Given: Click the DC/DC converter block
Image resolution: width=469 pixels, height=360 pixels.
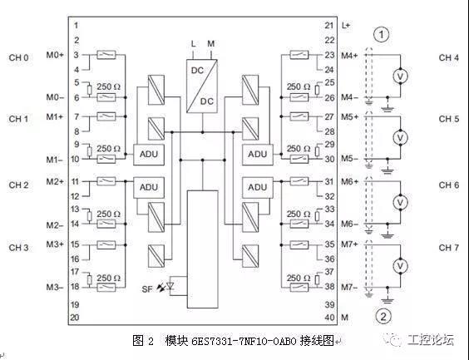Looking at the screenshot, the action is point(202,86).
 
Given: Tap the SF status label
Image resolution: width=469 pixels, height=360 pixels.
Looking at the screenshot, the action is point(147,289).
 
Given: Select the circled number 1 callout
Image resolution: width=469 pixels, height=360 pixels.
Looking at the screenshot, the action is point(382,35).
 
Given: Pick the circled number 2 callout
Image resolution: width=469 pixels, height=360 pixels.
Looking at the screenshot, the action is point(383,316).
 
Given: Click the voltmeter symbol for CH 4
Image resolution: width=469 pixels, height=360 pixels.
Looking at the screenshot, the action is point(400,76).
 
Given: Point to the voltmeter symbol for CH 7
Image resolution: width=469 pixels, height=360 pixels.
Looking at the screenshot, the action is point(400,266).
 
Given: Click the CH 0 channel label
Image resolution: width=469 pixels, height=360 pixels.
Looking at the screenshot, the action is point(18,57).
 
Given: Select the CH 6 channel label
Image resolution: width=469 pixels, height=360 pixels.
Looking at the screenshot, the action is point(449,185).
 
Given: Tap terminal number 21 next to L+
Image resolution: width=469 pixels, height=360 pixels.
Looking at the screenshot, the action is point(329,26).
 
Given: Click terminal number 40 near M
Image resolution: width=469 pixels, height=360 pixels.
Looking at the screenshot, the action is point(329,318).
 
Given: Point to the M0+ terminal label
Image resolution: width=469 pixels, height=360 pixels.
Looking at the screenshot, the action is point(55,55).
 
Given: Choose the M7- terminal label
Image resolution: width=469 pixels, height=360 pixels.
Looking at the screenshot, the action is point(349,288).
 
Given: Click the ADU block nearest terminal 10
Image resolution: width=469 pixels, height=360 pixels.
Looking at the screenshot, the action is point(149,155).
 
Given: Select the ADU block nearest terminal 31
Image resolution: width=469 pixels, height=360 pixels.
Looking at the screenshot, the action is point(258,187).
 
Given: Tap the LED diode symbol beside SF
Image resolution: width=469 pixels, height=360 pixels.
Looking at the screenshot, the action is point(170,286).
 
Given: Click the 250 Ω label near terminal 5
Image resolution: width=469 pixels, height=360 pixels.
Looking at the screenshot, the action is point(108,86).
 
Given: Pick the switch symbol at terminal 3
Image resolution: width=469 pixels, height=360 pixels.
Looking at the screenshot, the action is point(106,55).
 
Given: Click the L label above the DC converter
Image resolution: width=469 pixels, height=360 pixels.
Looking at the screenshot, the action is point(194,44).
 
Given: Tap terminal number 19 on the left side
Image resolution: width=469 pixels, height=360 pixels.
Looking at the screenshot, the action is point(75,304).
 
